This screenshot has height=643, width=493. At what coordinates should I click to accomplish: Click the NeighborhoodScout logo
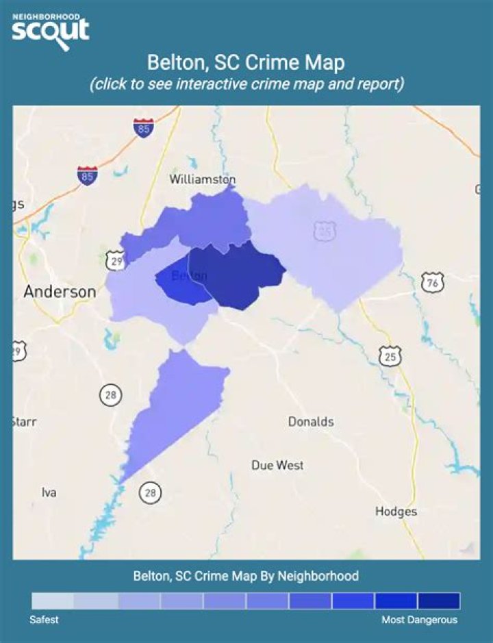[x=51, y=30]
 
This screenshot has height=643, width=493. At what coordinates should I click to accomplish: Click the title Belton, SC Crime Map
[x=246, y=62]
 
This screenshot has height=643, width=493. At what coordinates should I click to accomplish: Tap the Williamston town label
[x=202, y=179]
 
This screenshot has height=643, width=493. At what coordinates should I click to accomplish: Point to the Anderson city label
[x=60, y=292]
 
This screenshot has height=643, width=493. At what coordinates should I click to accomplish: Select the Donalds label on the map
[x=311, y=421]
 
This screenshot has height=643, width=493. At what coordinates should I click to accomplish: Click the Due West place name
[x=277, y=466]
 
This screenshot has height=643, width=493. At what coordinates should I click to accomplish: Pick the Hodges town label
[x=396, y=512]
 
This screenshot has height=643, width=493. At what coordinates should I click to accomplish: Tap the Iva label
[x=49, y=492]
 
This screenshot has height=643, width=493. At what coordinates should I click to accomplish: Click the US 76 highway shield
[x=433, y=283]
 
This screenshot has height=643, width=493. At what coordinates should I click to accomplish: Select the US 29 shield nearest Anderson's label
[x=115, y=260]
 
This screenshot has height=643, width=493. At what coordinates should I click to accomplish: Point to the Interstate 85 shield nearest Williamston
[x=143, y=128]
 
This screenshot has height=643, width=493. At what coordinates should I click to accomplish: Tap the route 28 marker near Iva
[x=149, y=491]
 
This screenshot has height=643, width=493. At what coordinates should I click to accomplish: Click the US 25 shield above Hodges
[x=390, y=356]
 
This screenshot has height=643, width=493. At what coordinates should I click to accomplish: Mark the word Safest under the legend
[x=45, y=620]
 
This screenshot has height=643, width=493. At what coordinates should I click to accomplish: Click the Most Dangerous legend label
[x=419, y=620]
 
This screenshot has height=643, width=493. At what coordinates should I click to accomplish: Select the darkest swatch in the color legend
[x=439, y=601]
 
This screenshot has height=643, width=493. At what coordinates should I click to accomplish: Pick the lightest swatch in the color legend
[x=53, y=601]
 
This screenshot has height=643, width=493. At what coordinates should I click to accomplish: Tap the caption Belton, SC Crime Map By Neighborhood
[x=246, y=576]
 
